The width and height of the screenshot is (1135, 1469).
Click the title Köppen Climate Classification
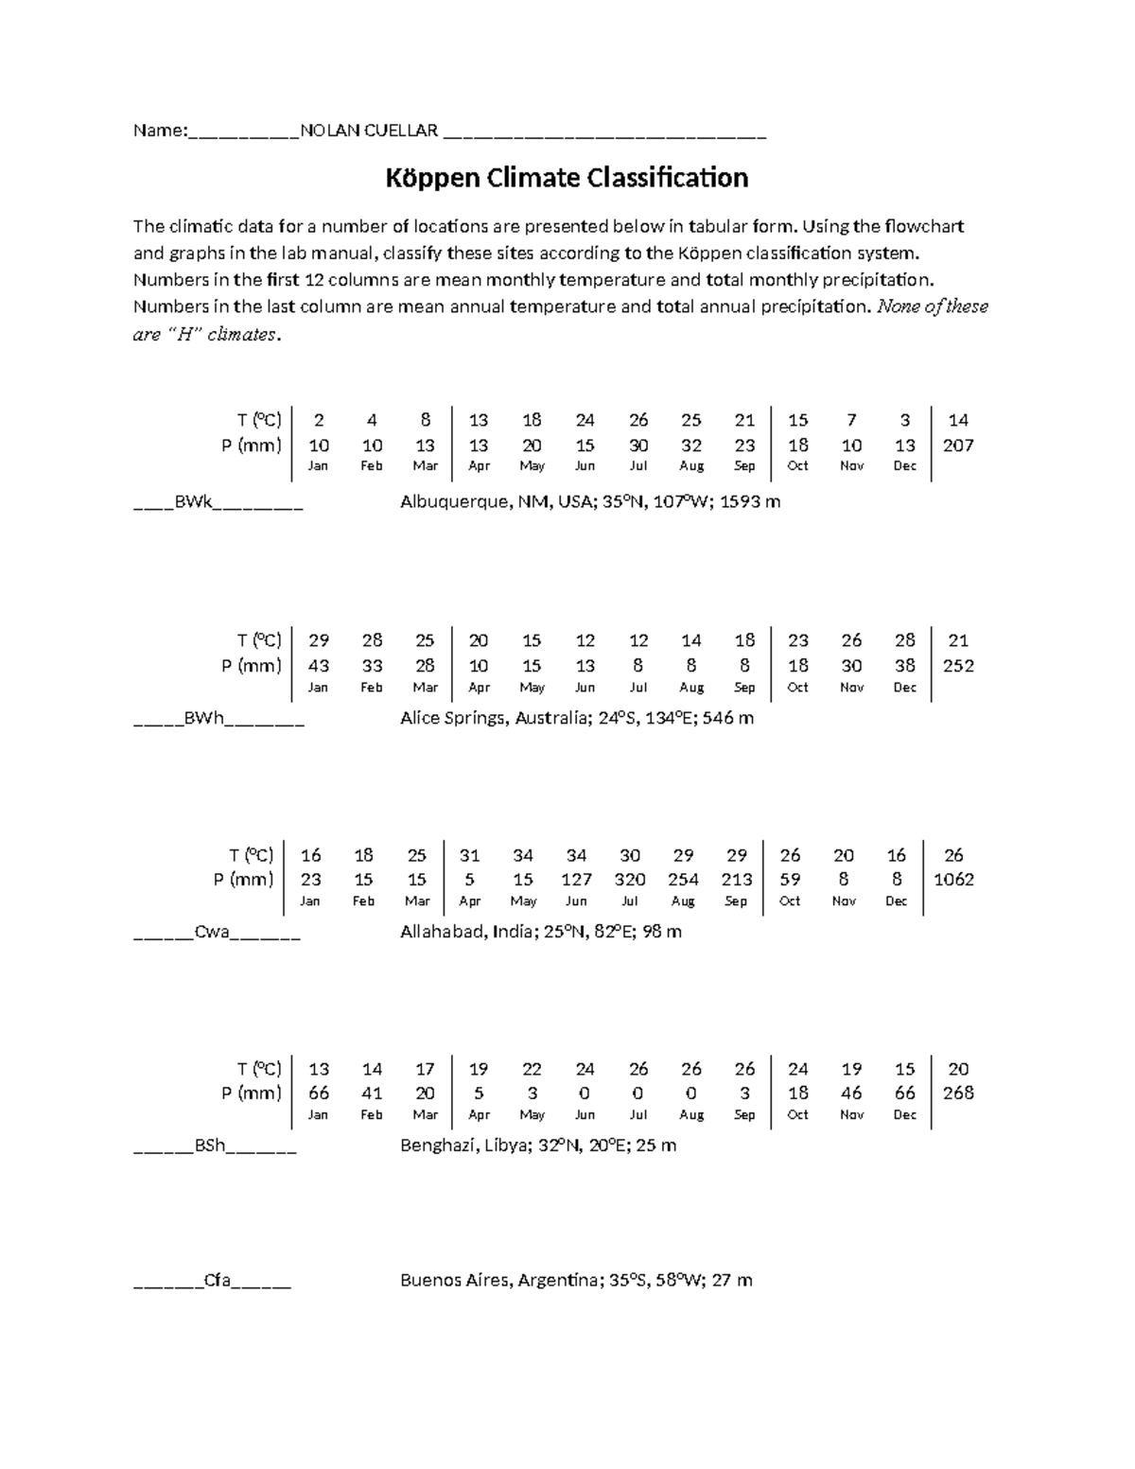coord(567,178)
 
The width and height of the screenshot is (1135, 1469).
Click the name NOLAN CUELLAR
coord(368,131)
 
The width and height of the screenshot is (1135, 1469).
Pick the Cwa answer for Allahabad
coord(212,932)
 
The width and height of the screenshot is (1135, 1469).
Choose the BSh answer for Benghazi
coord(210,1145)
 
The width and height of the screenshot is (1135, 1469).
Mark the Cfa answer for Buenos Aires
coord(218,1281)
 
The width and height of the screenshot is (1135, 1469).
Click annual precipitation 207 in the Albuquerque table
coord(958,446)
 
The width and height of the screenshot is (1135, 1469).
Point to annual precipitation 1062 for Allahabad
coord(953,879)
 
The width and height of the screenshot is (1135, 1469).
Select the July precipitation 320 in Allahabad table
coord(630,879)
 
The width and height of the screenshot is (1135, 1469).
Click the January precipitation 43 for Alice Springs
coord(319,665)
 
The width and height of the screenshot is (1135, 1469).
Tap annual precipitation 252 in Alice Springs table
coord(958,665)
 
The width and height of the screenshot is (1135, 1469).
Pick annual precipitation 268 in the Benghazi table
coord(958,1093)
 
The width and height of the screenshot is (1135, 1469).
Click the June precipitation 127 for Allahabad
coord(576,879)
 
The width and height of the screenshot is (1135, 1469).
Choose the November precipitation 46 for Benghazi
coord(851,1093)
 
